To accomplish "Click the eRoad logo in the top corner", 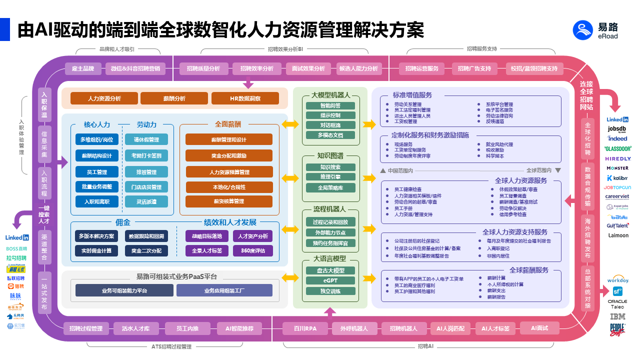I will [595, 30].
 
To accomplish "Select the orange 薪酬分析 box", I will [174, 98].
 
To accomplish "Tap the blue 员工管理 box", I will [97, 172].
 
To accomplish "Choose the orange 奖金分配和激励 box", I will [229, 156].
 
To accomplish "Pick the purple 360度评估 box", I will [253, 250].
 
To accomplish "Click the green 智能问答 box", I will [330, 105].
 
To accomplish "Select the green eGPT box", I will [330, 280].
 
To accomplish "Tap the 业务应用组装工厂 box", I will [224, 290].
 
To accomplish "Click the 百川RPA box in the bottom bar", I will [304, 328].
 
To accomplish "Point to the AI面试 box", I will [539, 328].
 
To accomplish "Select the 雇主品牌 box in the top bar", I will [83, 68].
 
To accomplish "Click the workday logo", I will [618, 280].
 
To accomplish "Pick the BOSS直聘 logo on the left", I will [17, 248].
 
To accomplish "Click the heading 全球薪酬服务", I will [529, 270].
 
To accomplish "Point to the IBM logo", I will [618, 316].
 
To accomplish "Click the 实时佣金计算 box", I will [95, 250].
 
